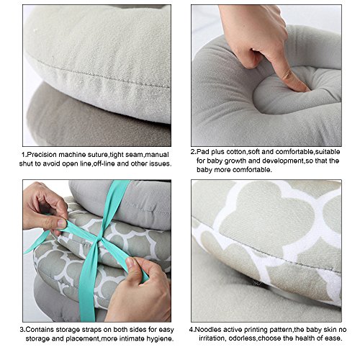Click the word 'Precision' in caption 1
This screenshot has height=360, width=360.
(x=42, y=155)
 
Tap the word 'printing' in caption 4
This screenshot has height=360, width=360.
(x=256, y=330)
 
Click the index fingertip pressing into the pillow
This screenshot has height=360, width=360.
(x=303, y=87)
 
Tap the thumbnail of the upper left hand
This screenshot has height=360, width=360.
(x=61, y=223)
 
